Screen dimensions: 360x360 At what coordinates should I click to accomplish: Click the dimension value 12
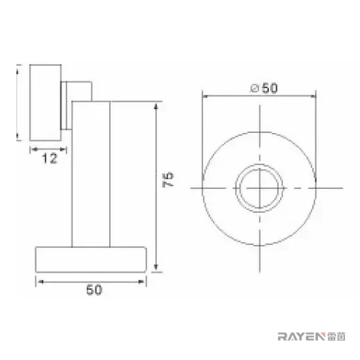point(49,158)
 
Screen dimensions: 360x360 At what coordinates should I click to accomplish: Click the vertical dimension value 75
point(168,179)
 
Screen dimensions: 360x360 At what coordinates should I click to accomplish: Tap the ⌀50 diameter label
point(264,88)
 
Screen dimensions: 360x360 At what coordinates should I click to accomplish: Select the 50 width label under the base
point(94,290)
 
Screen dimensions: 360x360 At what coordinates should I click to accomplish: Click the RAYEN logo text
point(302,337)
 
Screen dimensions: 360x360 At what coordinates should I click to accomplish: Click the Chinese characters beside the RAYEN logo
point(336,337)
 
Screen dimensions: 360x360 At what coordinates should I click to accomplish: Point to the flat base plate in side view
point(91,259)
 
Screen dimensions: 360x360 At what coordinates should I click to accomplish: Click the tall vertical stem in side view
point(91,174)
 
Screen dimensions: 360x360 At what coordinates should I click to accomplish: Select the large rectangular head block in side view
point(46,102)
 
